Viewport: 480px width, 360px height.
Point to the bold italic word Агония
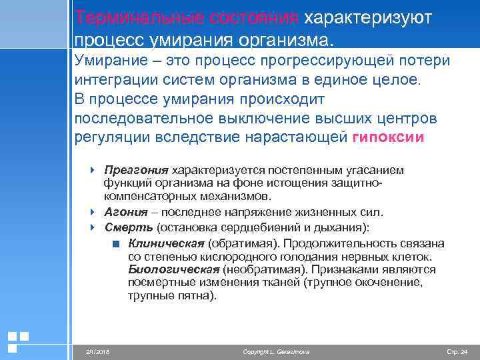(x=127, y=212)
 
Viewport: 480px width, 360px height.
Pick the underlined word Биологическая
(x=174, y=269)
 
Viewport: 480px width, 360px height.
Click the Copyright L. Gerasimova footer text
(x=277, y=351)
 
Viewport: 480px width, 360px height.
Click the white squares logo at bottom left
(x=17, y=341)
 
